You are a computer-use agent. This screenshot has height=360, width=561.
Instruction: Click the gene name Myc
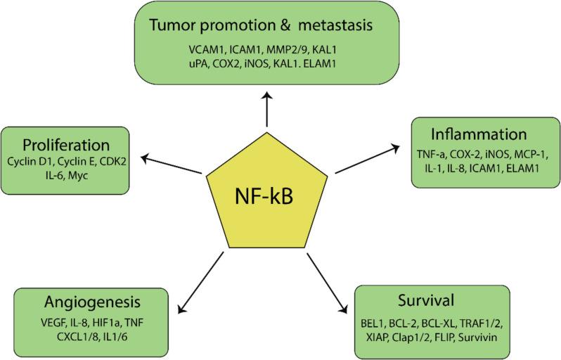coord(67,175)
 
